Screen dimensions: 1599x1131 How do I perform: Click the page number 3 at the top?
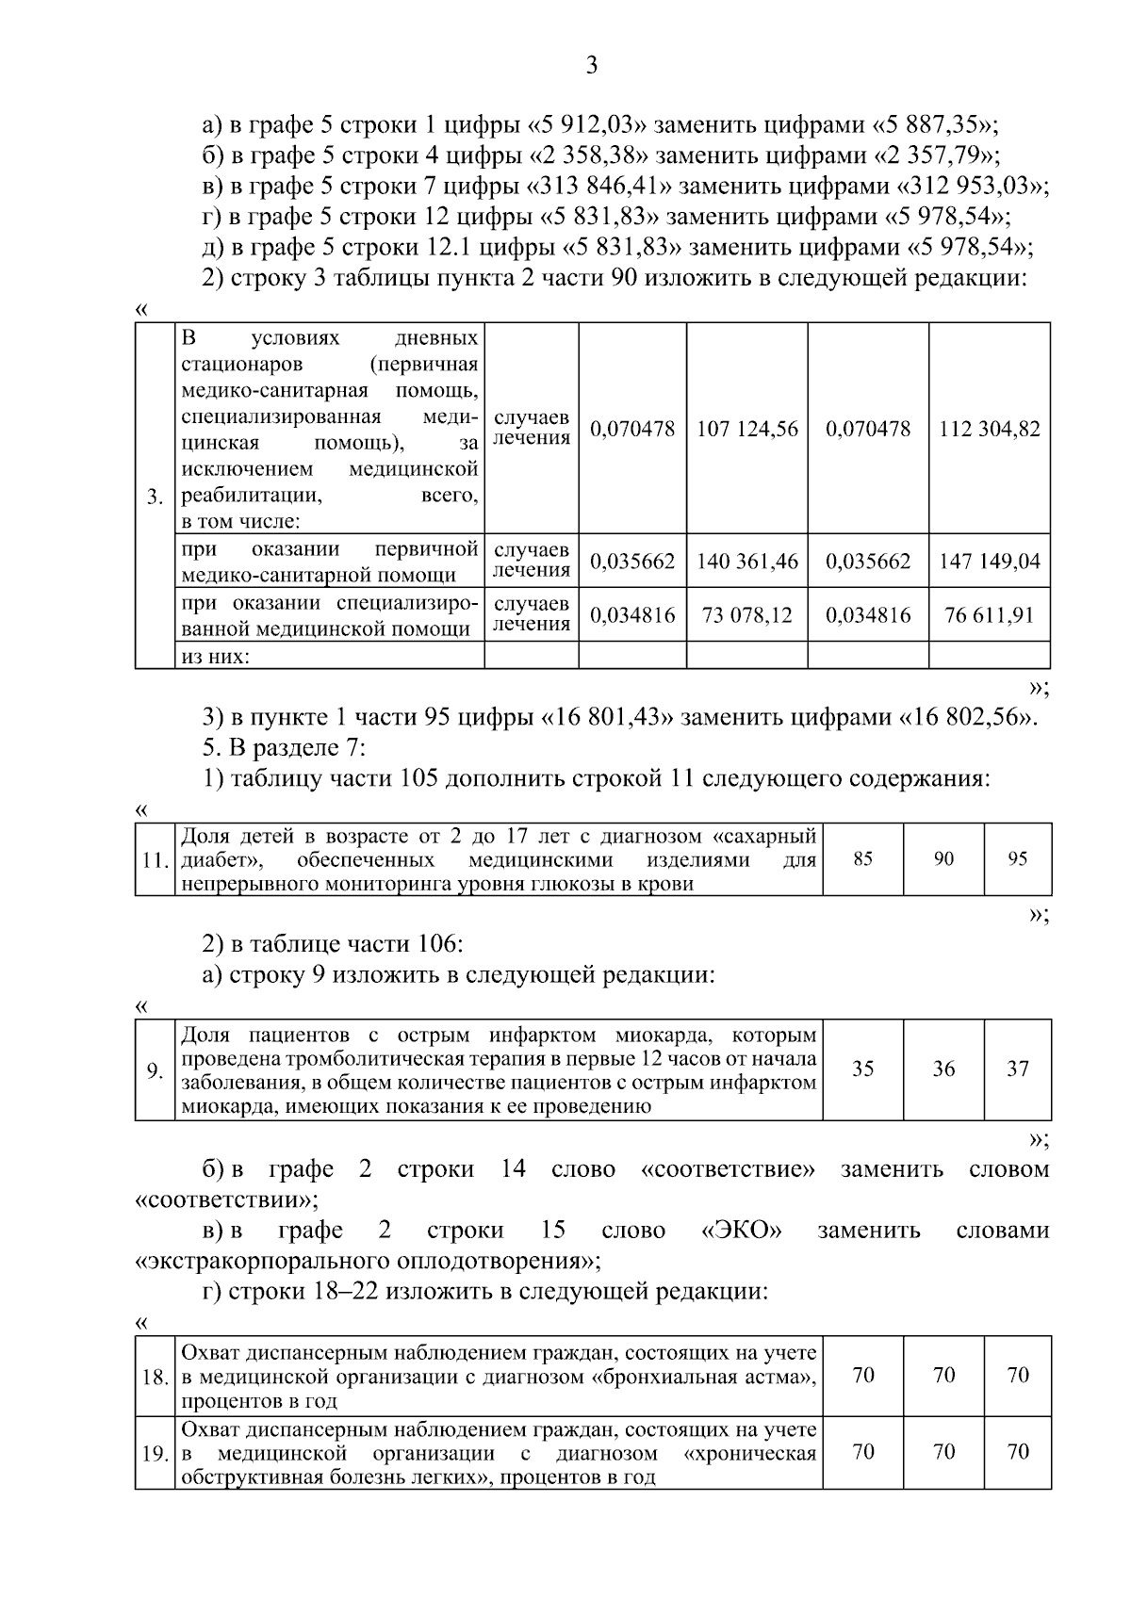(592, 65)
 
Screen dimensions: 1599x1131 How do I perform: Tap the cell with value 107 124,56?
(746, 430)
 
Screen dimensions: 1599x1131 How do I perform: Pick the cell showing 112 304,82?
(989, 430)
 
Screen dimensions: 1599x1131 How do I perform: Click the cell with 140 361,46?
(746, 562)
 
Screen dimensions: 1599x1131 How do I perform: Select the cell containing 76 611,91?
(989, 615)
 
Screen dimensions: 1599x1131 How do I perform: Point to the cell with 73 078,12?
(746, 615)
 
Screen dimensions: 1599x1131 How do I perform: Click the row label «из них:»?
(215, 657)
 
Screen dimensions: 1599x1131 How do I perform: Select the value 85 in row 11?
(862, 858)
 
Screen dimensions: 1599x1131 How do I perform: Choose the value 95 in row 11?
(1017, 858)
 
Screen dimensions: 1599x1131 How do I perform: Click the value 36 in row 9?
(943, 1069)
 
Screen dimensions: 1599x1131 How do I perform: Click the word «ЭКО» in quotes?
(742, 1231)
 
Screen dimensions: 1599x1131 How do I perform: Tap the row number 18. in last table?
(155, 1377)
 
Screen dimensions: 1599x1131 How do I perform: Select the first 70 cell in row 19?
(862, 1452)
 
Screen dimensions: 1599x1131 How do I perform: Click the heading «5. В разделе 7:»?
(284, 748)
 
